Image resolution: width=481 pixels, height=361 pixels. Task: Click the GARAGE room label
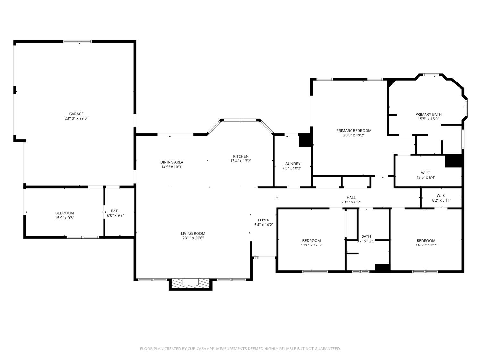76,114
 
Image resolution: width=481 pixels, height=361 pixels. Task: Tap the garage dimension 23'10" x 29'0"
76,118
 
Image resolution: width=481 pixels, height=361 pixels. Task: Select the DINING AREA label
172,162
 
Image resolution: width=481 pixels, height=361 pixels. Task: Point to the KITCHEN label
240,156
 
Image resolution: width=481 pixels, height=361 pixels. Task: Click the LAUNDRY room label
292,164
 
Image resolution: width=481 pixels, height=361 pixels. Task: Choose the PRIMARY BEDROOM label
354,131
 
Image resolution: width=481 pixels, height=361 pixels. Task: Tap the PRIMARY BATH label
428,114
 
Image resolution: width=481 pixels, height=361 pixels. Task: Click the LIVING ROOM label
193,234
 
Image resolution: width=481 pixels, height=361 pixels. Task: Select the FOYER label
264,220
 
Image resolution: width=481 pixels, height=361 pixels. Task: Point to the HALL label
351,198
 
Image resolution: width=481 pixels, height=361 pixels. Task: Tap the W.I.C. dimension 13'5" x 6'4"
426,177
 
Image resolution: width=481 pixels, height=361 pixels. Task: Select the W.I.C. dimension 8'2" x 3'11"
442,200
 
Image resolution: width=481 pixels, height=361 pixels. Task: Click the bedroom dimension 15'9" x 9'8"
64,218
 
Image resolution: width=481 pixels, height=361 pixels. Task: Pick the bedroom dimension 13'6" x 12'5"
311,245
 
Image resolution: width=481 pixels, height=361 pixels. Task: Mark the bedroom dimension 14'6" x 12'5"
426,245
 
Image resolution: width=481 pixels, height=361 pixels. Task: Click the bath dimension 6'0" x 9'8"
115,215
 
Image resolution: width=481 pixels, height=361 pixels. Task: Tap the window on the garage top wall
77,41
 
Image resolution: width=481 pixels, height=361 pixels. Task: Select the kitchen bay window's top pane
240,120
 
